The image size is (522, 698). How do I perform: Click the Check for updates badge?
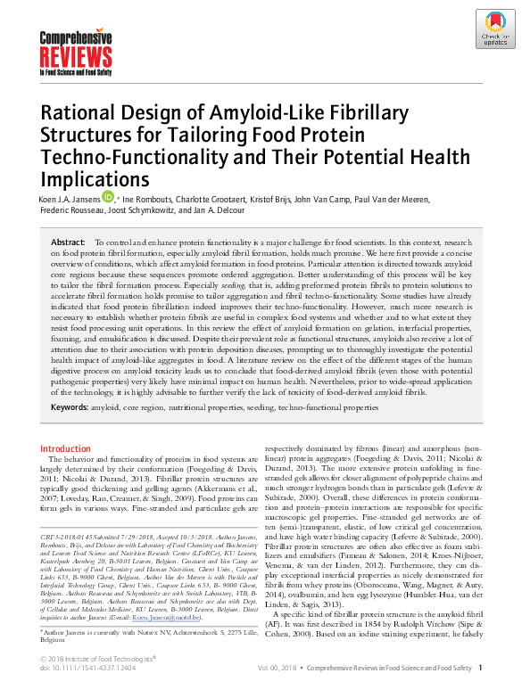(x=493, y=29)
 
